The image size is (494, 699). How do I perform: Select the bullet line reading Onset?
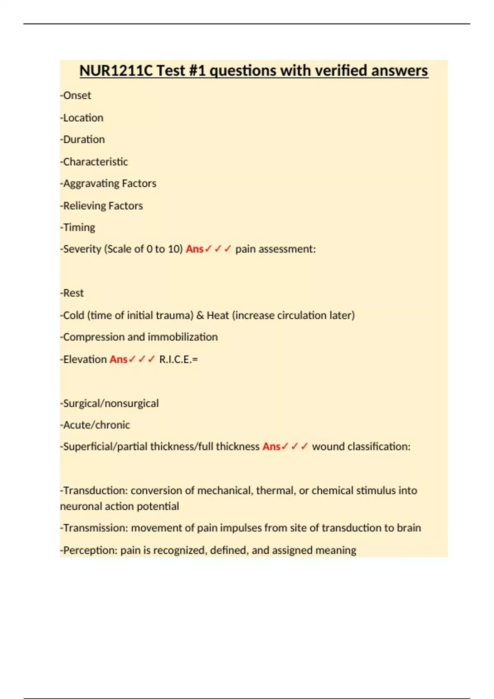77,95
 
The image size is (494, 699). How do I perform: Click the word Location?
83,118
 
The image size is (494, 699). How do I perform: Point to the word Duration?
84,139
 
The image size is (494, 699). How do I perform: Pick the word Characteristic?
95,162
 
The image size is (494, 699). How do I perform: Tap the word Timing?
79,227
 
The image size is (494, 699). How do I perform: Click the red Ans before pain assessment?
194,249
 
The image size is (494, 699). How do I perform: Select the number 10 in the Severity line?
173,249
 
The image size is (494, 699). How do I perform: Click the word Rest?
73,293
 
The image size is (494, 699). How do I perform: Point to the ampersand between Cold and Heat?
200,315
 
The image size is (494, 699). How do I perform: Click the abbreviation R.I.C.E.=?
178,359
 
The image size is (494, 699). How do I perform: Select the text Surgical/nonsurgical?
110,403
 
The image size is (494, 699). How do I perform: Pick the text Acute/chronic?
96,425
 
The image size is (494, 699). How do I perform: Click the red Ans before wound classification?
271,447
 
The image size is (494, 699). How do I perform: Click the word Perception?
90,550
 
